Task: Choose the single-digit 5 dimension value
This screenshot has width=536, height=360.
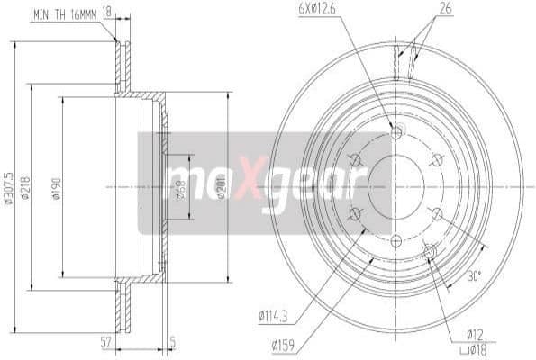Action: click(173, 343)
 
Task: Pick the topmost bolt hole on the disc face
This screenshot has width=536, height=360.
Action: click(396, 134)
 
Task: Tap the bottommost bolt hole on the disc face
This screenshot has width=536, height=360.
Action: click(396, 239)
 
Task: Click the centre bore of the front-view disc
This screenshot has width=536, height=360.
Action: click(396, 186)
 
